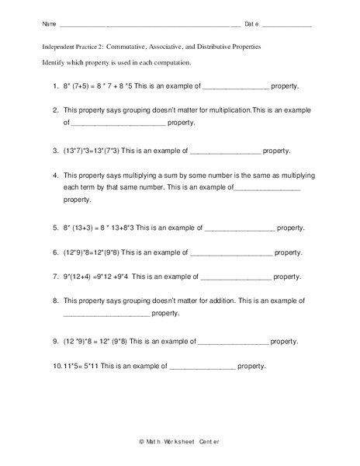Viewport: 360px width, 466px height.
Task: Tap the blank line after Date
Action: click(x=286, y=26)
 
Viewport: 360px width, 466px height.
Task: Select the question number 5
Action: click(x=56, y=228)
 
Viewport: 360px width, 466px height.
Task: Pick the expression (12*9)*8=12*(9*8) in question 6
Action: click(x=92, y=252)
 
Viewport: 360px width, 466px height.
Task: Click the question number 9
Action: click(x=56, y=341)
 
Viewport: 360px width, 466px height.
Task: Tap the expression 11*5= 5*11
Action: click(x=81, y=365)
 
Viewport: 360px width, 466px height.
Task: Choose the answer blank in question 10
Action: click(x=202, y=365)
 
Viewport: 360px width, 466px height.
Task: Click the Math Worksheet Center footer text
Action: click(x=179, y=442)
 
